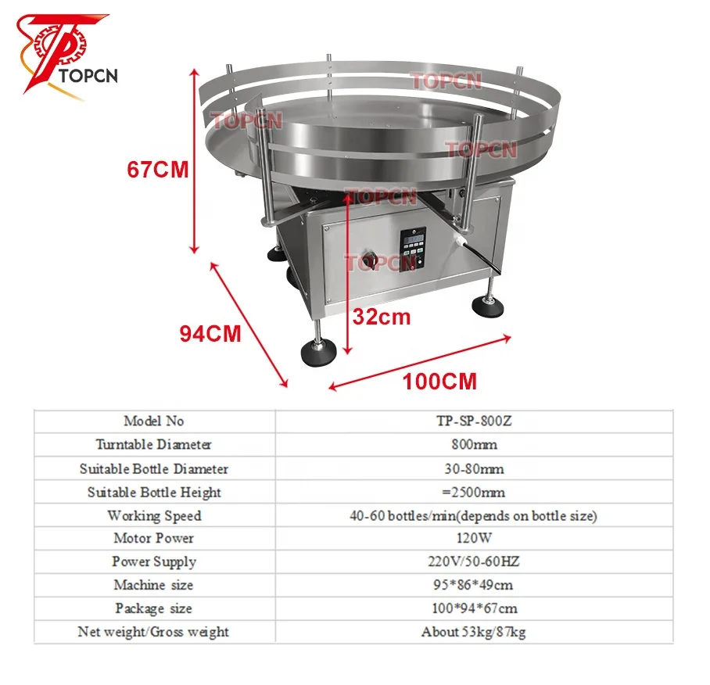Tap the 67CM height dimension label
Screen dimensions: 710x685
(x=158, y=170)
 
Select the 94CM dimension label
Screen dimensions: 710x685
(x=210, y=334)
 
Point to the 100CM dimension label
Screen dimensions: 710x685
(x=439, y=382)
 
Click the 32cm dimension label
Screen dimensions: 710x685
(x=382, y=317)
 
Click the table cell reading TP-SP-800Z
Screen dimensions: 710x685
(x=474, y=421)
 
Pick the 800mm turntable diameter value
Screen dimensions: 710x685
(x=474, y=445)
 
